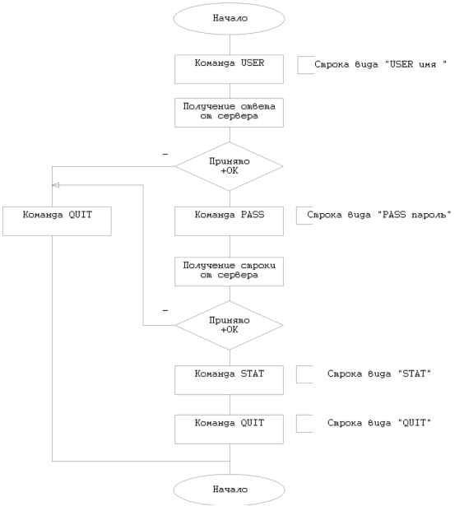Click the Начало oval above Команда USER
pos(229,18)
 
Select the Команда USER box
pos(229,69)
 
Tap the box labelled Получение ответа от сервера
pos(229,113)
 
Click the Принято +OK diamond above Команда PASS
pos(229,166)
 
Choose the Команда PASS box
pos(229,221)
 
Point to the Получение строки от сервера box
pos(229,272)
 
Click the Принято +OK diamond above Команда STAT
pos(229,325)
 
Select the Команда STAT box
pos(229,380)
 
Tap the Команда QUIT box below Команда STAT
pos(229,429)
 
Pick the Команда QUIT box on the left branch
pos(57,221)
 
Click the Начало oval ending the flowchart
pos(229,490)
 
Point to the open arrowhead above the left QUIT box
pos(56,185)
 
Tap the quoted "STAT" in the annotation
pos(415,374)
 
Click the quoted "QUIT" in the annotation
pos(415,423)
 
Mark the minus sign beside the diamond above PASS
pos(165,155)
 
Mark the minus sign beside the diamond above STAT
pos(165,311)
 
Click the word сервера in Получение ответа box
pos(238,116)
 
